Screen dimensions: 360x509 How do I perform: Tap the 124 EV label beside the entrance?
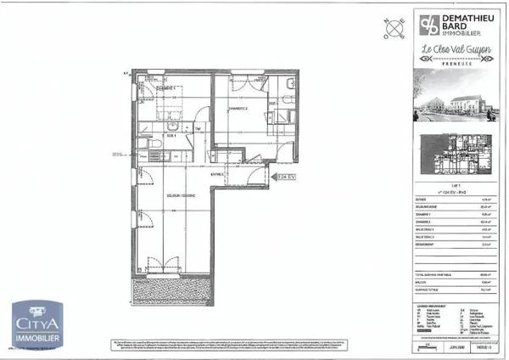pos(285,177)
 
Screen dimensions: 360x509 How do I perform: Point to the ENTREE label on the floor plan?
pos(218,174)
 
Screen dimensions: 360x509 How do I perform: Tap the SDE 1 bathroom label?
pos(171,135)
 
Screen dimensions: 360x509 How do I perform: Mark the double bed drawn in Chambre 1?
pos(170,109)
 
